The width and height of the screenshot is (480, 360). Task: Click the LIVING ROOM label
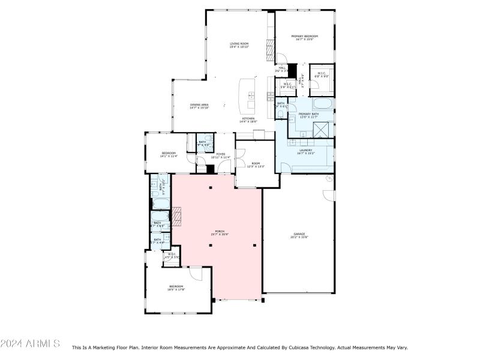tap(239, 45)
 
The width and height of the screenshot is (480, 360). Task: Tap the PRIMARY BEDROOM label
tap(304, 38)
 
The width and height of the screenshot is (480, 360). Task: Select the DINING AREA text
tap(199, 106)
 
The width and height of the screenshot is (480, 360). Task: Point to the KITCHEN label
tap(248, 120)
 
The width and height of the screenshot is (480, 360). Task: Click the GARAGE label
tap(299, 235)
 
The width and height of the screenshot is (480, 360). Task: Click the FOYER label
tap(221, 155)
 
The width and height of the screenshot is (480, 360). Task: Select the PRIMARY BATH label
tap(310, 115)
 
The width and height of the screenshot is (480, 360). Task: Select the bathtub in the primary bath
tap(311, 104)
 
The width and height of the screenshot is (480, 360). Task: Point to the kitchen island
tap(246, 96)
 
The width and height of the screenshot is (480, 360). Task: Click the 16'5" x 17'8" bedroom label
tap(176, 288)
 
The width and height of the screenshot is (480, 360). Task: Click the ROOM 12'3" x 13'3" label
tap(256, 165)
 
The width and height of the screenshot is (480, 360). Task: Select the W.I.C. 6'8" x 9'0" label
tap(322, 75)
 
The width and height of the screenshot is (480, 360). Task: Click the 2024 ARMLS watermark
tap(30, 343)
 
